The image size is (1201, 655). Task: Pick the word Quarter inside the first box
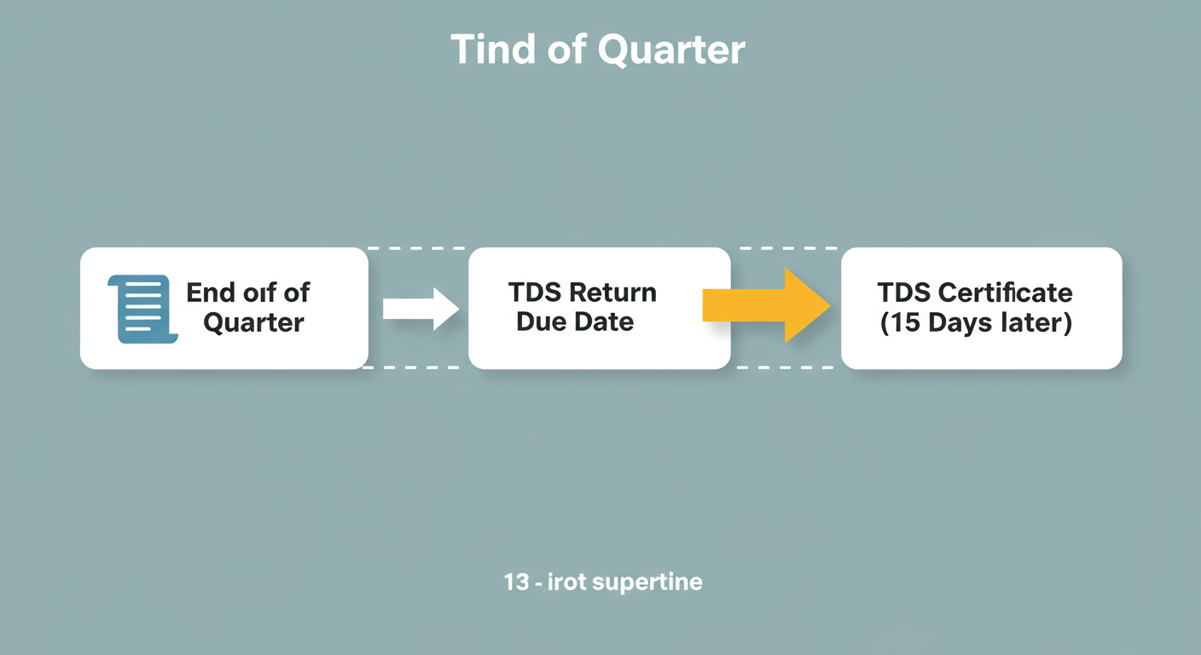click(x=253, y=322)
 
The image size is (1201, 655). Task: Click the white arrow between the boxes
click(x=421, y=308)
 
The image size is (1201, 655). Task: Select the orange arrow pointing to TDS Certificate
click(x=765, y=305)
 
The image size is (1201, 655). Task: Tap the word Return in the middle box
click(x=612, y=293)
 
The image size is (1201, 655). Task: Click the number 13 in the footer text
click(x=516, y=583)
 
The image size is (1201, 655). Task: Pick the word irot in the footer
click(x=569, y=583)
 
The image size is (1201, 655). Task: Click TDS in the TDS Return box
click(x=535, y=293)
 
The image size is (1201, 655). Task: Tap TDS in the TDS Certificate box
click(x=904, y=293)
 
